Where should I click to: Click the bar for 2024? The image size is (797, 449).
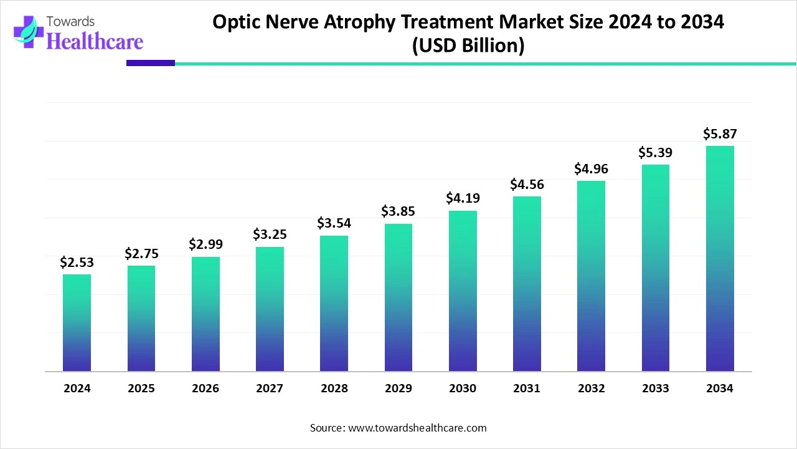pos(77,322)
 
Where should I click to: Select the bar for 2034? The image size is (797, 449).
pos(720,258)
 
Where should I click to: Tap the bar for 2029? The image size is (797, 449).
pos(398,297)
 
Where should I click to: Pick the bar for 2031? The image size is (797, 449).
pos(527,284)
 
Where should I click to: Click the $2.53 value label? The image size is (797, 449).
pos(77,263)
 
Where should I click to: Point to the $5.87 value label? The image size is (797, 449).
pos(720,133)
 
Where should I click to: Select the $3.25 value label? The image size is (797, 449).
pos(270,234)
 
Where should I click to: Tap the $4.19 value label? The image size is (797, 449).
pos(463,198)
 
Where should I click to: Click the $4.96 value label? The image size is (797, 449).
pos(591,168)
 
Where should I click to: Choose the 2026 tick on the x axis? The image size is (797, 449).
pos(205,389)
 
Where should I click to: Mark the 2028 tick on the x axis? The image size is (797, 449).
pos(334,389)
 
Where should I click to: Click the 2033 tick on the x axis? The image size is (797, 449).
pos(656,389)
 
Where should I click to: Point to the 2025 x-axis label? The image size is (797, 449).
pos(141,389)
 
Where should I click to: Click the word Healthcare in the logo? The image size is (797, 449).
pos(95,42)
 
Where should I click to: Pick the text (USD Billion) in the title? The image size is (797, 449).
pos(468,46)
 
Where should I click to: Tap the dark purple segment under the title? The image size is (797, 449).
pos(151,63)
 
